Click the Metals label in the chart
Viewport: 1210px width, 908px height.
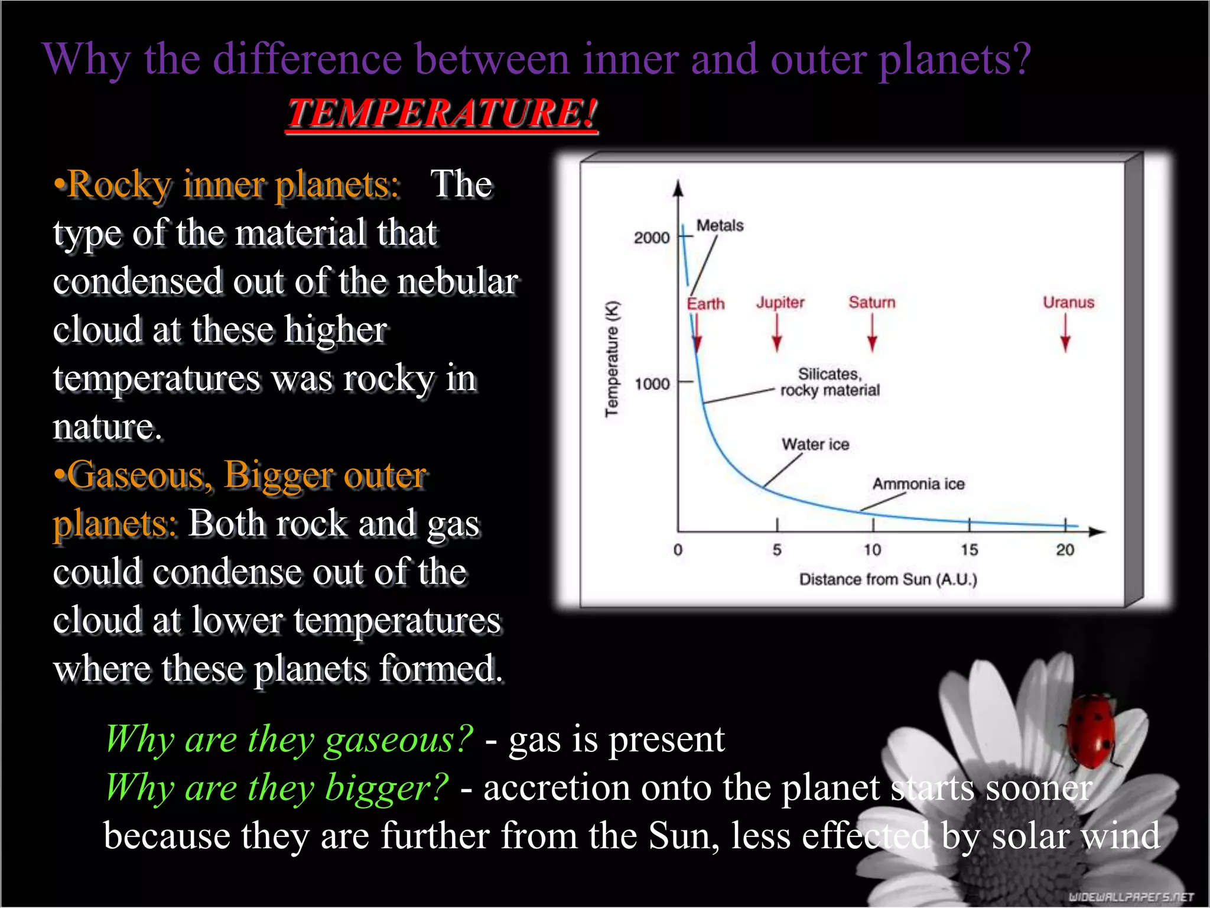(720, 226)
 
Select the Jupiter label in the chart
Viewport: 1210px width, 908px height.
(780, 303)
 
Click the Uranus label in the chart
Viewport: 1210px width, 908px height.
(1068, 303)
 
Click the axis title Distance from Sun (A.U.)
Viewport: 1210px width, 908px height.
(888, 579)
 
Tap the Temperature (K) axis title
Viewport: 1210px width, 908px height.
(612, 359)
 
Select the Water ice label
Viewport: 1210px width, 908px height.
(815, 445)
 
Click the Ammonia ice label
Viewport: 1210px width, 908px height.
(918, 484)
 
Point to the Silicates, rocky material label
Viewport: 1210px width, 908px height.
(830, 382)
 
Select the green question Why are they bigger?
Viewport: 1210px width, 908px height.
(277, 788)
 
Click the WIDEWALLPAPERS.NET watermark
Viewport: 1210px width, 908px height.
(1131, 897)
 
